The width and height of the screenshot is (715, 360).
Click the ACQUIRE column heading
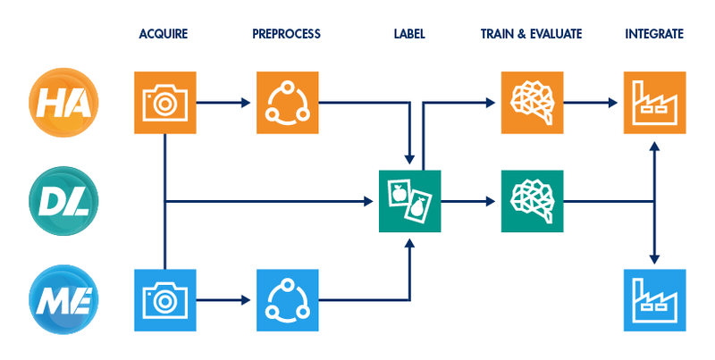tap(164, 34)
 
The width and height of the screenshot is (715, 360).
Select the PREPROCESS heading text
tap(286, 34)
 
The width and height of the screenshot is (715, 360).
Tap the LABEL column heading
tap(409, 34)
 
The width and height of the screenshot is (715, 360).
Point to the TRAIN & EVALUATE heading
tap(531, 34)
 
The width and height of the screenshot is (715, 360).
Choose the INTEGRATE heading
tap(654, 34)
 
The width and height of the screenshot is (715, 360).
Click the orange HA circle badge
tap(63, 102)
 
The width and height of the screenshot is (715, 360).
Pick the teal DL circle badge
tap(63, 201)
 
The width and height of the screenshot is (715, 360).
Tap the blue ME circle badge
tap(63, 300)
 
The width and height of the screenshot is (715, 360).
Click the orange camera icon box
tap(165, 103)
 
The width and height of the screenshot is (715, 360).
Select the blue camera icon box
tap(165, 300)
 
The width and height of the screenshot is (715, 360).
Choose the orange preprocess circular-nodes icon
tap(287, 103)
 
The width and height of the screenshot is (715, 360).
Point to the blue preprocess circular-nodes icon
tap(287, 300)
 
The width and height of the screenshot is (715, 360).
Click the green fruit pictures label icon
tap(410, 201)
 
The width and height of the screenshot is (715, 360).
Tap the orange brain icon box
tap(532, 103)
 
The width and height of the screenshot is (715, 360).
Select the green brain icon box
tap(532, 201)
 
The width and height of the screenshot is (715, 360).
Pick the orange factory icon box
tap(655, 103)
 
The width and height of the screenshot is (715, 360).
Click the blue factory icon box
tap(655, 300)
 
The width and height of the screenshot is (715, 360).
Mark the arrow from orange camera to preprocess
tap(223, 103)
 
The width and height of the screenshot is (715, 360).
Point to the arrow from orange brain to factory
tap(591, 103)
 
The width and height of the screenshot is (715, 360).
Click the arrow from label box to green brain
tap(467, 201)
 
